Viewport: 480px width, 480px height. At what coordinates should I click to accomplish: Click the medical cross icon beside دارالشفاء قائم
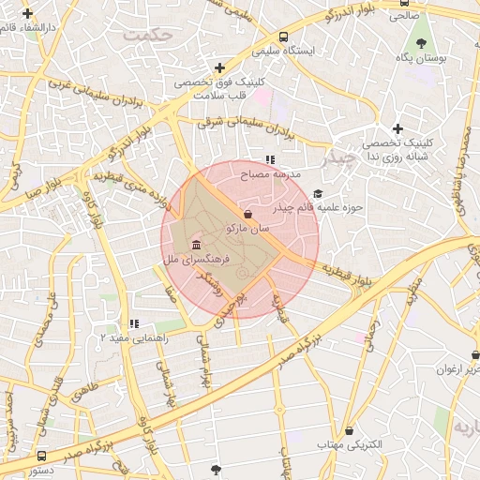tap(28, 14)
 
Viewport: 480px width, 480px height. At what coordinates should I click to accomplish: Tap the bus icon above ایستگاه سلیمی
tap(283, 37)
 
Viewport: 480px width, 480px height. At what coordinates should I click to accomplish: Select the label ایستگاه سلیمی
tap(314, 50)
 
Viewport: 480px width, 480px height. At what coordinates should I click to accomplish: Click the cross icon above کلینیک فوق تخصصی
tap(219, 67)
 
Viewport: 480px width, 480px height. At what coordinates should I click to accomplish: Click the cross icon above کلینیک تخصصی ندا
tap(397, 128)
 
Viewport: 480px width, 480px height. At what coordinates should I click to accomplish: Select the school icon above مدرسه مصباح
tap(271, 160)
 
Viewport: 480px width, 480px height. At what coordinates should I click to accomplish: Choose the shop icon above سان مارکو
tap(247, 214)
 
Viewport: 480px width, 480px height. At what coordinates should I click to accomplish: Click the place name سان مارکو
tap(247, 228)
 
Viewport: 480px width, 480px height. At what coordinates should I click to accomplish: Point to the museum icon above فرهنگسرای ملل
tap(195, 245)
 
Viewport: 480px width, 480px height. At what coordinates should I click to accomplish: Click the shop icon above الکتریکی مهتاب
tap(349, 430)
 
